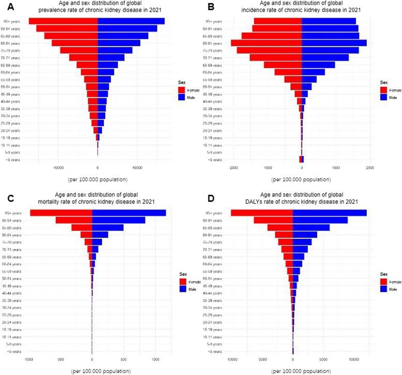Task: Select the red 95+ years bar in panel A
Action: click(x=63, y=21)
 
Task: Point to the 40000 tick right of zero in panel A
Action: click(x=137, y=167)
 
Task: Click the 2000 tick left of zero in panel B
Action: click(x=234, y=167)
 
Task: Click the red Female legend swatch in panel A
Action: click(x=182, y=90)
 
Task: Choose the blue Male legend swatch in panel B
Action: click(x=384, y=97)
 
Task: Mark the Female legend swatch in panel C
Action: click(x=182, y=281)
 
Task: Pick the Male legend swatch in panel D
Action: click(x=384, y=289)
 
